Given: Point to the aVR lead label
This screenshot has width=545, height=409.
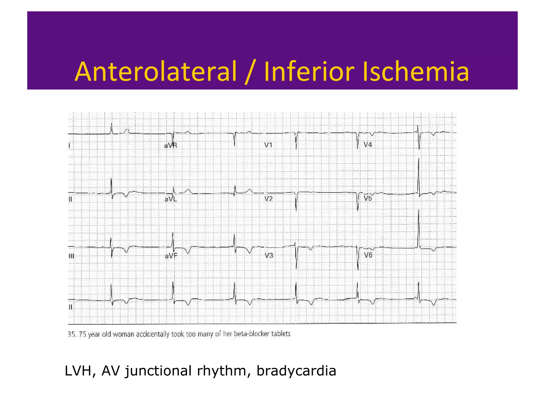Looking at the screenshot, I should coord(171,145).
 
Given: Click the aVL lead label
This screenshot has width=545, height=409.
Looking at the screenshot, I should coord(171,199).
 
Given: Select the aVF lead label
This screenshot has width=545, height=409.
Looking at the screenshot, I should coord(171,256).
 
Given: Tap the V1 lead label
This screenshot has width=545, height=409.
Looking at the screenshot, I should coord(268,145).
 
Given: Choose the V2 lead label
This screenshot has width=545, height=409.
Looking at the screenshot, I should coord(269,199).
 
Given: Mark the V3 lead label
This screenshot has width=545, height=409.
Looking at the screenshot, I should coord(269,256).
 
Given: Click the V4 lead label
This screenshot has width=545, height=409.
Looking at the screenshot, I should coord(368,145).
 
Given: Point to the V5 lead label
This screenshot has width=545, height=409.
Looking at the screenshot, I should coord(368,198).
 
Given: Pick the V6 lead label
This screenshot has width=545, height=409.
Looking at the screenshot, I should coord(368,255).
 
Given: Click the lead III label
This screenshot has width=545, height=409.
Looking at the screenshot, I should coord(71,256).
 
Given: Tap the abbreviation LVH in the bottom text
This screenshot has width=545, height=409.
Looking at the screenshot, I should coord(78,371).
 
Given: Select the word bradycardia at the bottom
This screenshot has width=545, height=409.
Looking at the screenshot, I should coord(296,371).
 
